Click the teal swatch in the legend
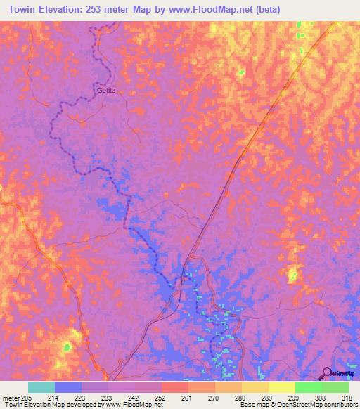tap(41, 387)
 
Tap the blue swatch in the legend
tap(68, 387)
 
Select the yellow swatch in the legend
tap(282, 387)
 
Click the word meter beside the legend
tap(11, 398)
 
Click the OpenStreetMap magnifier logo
tap(328, 373)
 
